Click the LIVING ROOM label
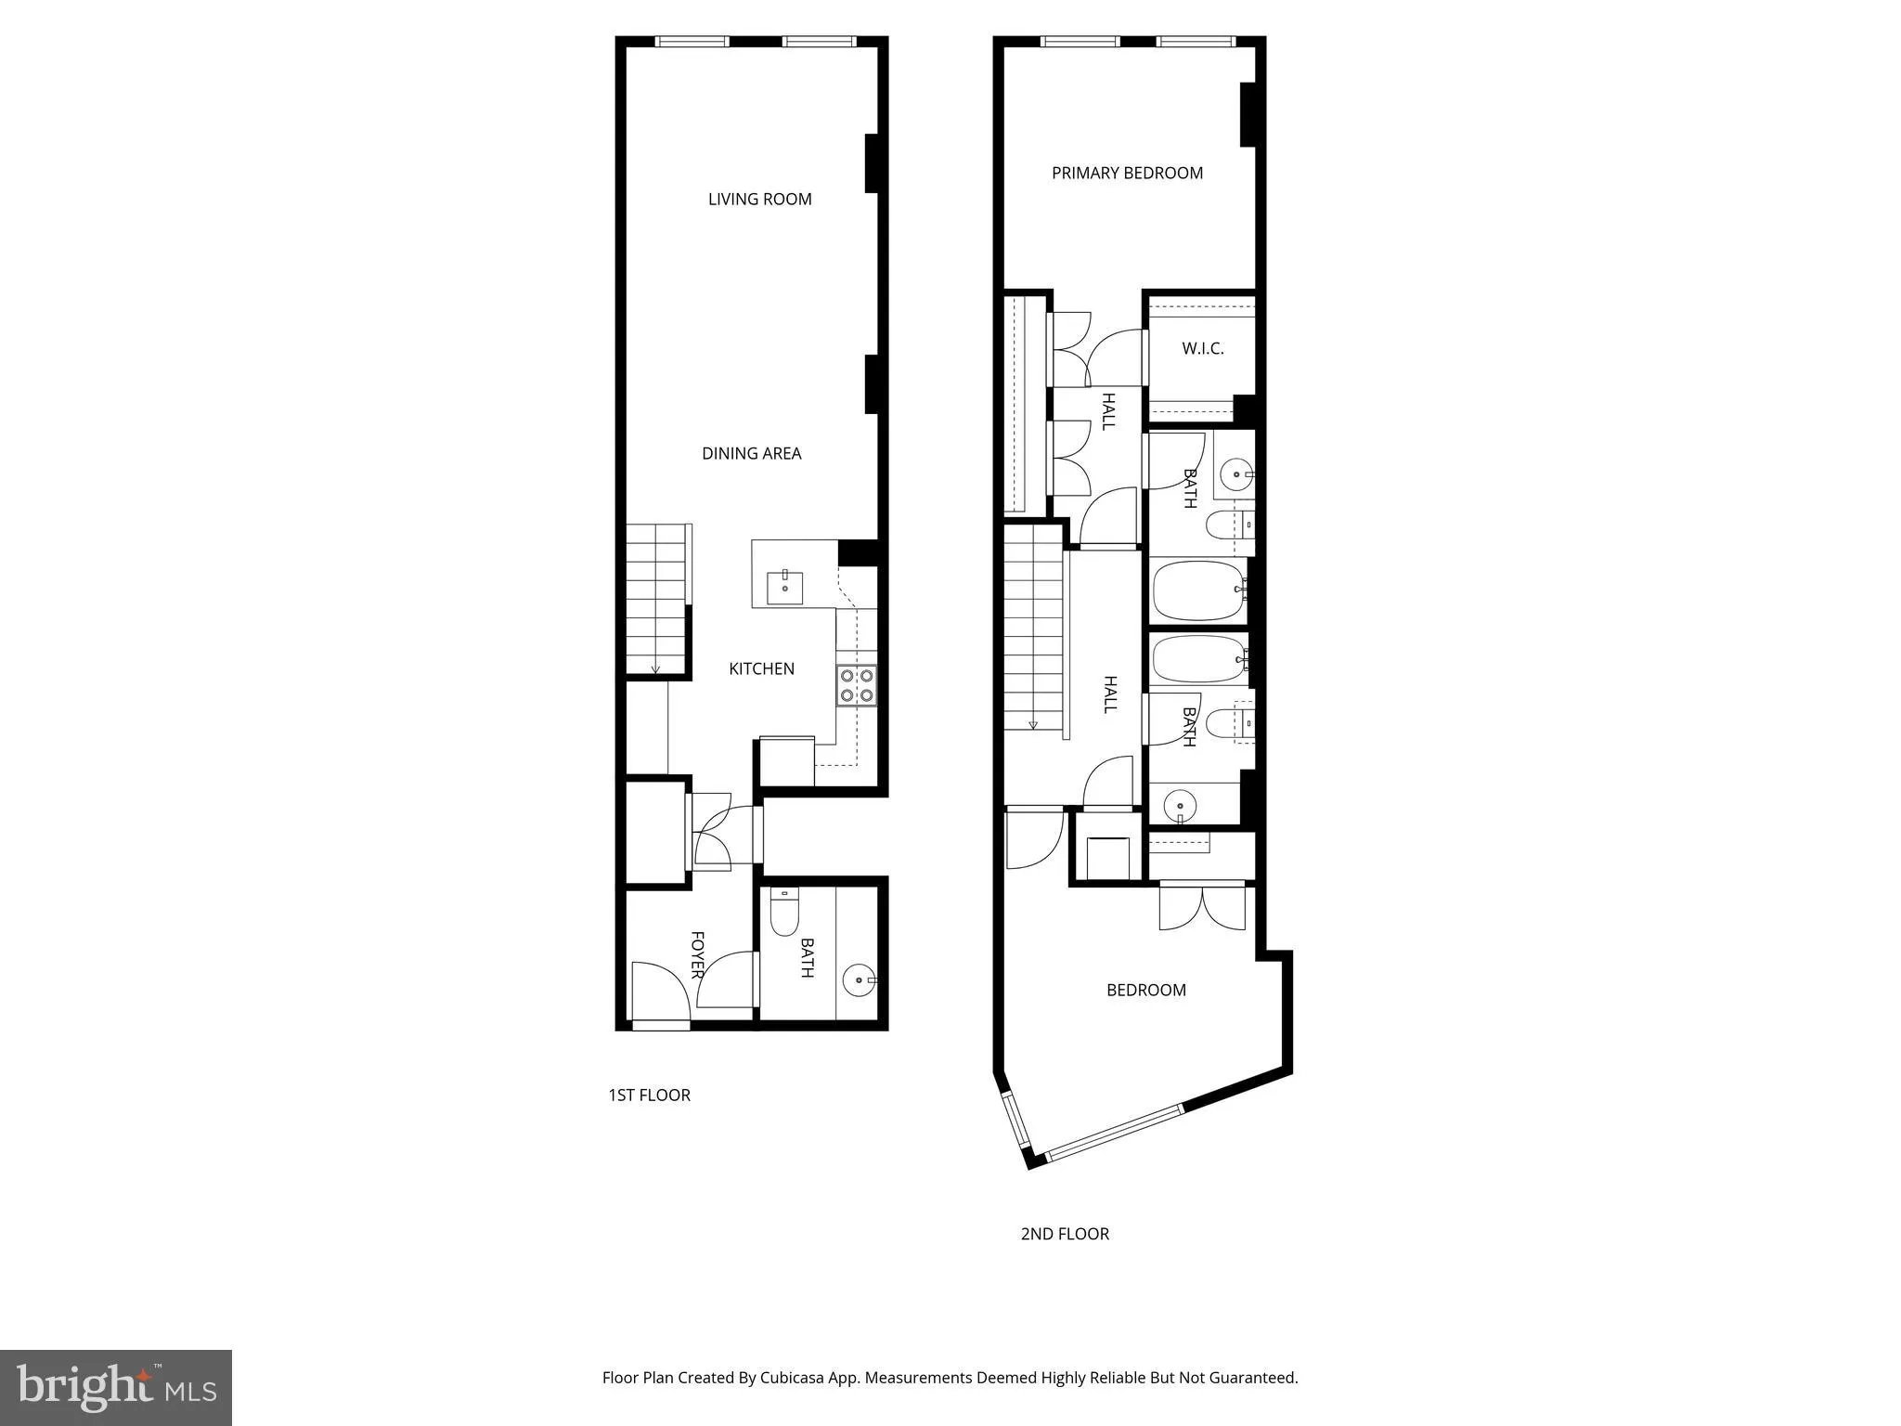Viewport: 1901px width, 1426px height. (759, 199)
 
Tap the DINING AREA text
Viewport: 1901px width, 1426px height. (751, 453)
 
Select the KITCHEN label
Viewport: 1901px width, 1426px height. (761, 668)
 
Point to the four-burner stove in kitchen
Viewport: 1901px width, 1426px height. (856, 685)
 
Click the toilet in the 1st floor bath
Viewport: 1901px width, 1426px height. (784, 914)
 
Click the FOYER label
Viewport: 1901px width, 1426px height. (697, 954)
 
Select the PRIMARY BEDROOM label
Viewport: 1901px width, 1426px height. (1127, 173)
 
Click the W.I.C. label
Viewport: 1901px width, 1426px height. (1203, 349)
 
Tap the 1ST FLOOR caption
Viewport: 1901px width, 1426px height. (649, 1095)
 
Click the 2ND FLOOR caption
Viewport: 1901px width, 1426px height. (1065, 1234)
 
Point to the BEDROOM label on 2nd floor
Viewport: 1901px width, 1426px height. (1146, 990)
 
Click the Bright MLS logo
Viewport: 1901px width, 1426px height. (116, 1387)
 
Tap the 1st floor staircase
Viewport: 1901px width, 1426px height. (656, 599)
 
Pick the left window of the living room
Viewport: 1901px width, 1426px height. (692, 41)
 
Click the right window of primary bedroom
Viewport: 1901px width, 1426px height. (1196, 41)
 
